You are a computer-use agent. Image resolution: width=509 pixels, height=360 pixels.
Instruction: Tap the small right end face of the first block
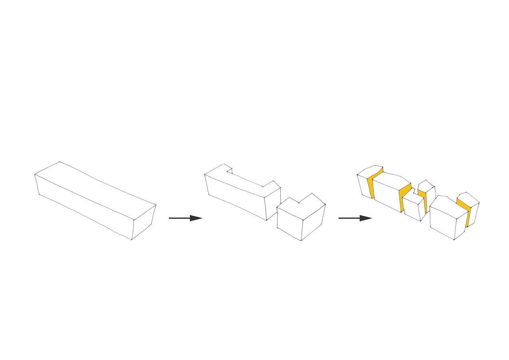pyautogui.click(x=143, y=222)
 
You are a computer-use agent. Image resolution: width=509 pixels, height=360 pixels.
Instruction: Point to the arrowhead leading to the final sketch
pyautogui.click(x=365, y=218)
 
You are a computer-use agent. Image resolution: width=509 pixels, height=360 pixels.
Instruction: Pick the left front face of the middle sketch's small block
pyautogui.click(x=289, y=224)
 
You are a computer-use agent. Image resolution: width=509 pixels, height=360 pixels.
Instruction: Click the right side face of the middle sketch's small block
pyautogui.click(x=313, y=222)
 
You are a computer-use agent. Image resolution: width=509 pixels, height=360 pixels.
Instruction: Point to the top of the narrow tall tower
pyautogui.click(x=425, y=186)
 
